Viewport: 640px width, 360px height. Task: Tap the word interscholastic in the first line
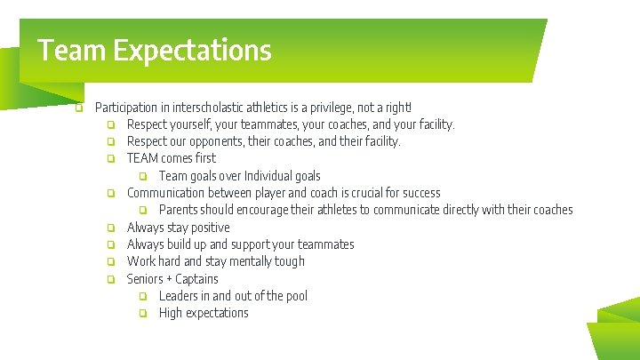click(199, 108)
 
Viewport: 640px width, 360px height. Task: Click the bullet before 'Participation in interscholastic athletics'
click(79, 108)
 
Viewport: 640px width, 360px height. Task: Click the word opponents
click(209, 141)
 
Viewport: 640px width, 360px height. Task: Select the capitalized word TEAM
click(142, 158)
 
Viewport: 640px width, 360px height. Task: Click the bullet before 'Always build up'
click(111, 244)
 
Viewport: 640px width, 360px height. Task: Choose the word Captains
click(198, 279)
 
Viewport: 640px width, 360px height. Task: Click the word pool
click(295, 296)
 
